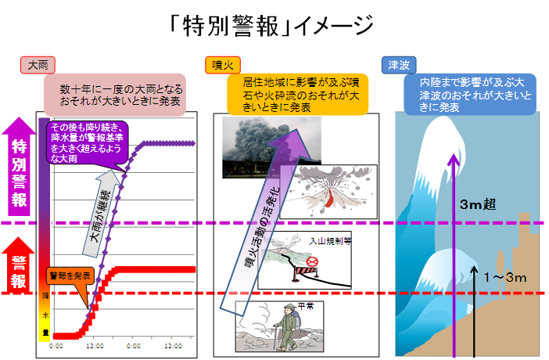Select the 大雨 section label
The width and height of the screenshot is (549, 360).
coord(38,66)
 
